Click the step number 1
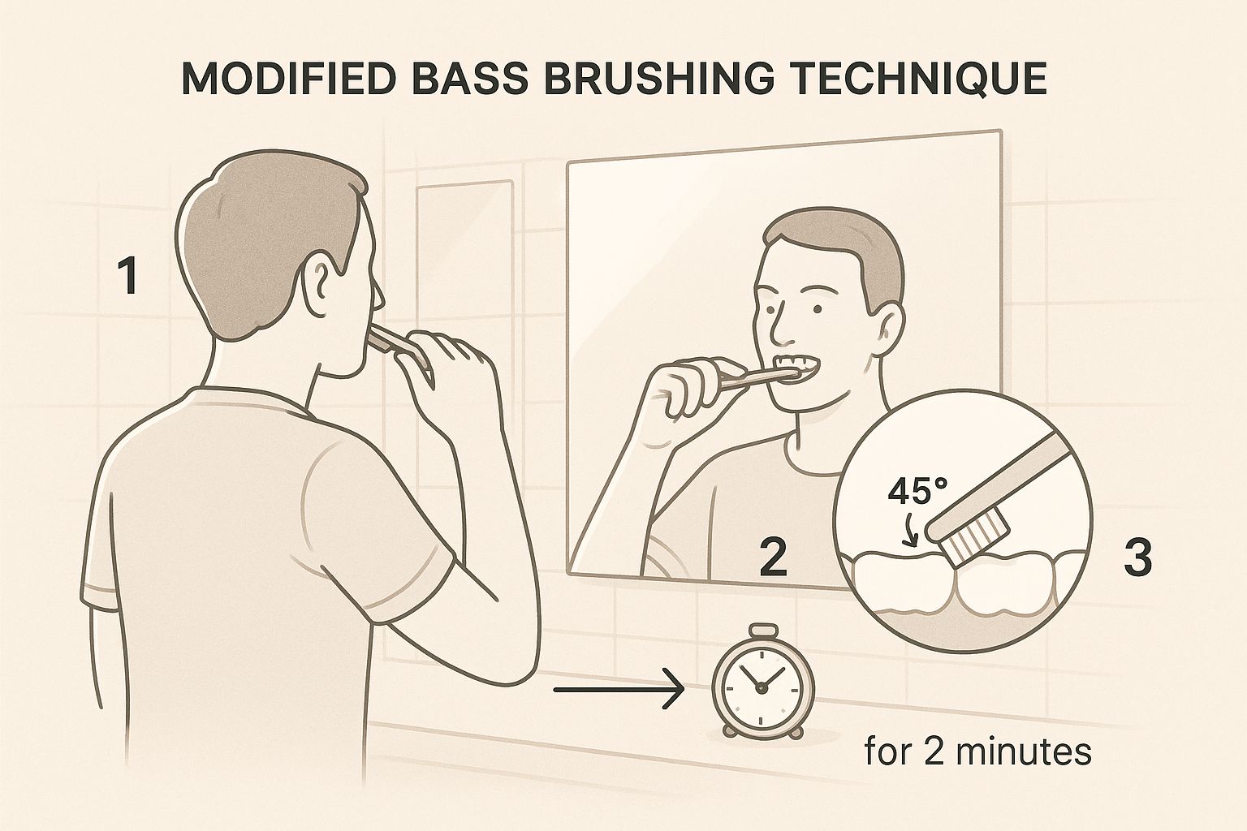(x=127, y=276)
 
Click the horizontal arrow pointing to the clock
(x=617, y=691)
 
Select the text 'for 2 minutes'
(x=977, y=752)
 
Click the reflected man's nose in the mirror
(x=780, y=325)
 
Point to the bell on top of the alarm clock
(x=761, y=631)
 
